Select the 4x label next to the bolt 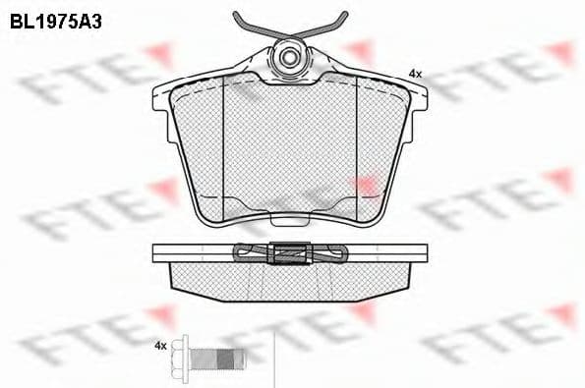[x=160, y=346]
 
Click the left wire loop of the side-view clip [x=247, y=252]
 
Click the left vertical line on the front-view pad [x=224, y=147]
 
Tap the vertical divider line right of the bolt [x=272, y=359]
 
